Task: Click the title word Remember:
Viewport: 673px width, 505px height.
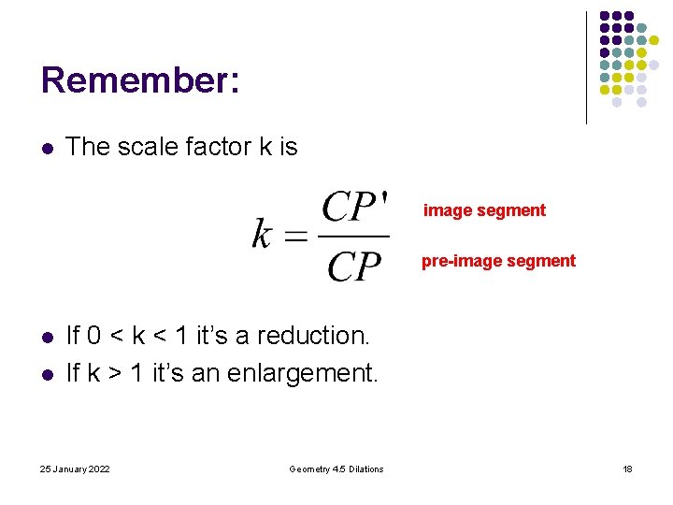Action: pos(140,79)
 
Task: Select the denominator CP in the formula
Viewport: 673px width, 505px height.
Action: pos(354,266)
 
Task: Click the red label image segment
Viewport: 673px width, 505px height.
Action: pos(484,210)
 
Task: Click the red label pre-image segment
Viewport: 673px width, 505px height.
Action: pos(498,261)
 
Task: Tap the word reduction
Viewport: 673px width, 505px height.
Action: pos(312,335)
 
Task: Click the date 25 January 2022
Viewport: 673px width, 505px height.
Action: pos(75,469)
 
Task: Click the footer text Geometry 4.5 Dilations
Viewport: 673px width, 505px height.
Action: pos(336,469)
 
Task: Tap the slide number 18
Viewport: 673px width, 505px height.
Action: pos(627,469)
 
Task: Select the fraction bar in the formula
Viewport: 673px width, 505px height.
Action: pos(354,236)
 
